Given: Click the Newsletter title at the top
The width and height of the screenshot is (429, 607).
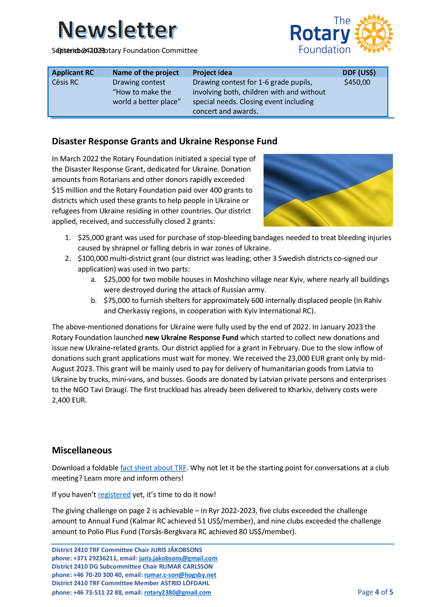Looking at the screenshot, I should click(117, 30).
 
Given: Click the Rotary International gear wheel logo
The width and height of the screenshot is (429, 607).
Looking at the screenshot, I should click(374, 34).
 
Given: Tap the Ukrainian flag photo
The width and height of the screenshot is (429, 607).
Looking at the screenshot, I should click(328, 190).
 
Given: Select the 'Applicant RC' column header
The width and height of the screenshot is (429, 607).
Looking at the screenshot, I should click(73, 73).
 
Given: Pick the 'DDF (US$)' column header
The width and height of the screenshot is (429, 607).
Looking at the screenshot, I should click(359, 73).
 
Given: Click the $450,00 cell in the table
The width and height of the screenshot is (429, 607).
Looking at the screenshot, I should click(357, 82).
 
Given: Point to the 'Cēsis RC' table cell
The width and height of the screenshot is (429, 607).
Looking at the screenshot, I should click(65, 82).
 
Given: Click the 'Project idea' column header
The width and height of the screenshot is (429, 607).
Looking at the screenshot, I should click(212, 73).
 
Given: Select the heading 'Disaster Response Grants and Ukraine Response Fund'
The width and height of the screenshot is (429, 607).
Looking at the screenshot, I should click(164, 141).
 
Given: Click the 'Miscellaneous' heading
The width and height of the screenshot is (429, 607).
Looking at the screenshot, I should click(82, 450).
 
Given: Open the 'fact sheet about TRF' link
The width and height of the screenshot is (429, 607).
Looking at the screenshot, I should click(153, 468).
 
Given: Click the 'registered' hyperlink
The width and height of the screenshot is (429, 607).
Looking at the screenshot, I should click(114, 494).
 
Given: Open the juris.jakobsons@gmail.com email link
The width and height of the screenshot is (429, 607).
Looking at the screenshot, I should click(178, 558).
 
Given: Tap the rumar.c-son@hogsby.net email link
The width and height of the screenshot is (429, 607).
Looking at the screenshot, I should click(180, 575).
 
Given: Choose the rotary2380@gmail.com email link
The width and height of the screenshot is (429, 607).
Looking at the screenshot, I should click(177, 592).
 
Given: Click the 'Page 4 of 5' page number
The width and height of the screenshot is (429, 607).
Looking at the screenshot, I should click(375, 592).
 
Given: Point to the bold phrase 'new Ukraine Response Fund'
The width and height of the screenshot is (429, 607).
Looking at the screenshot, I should click(192, 338).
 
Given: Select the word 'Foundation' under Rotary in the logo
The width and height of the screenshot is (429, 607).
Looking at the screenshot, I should click(324, 50).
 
